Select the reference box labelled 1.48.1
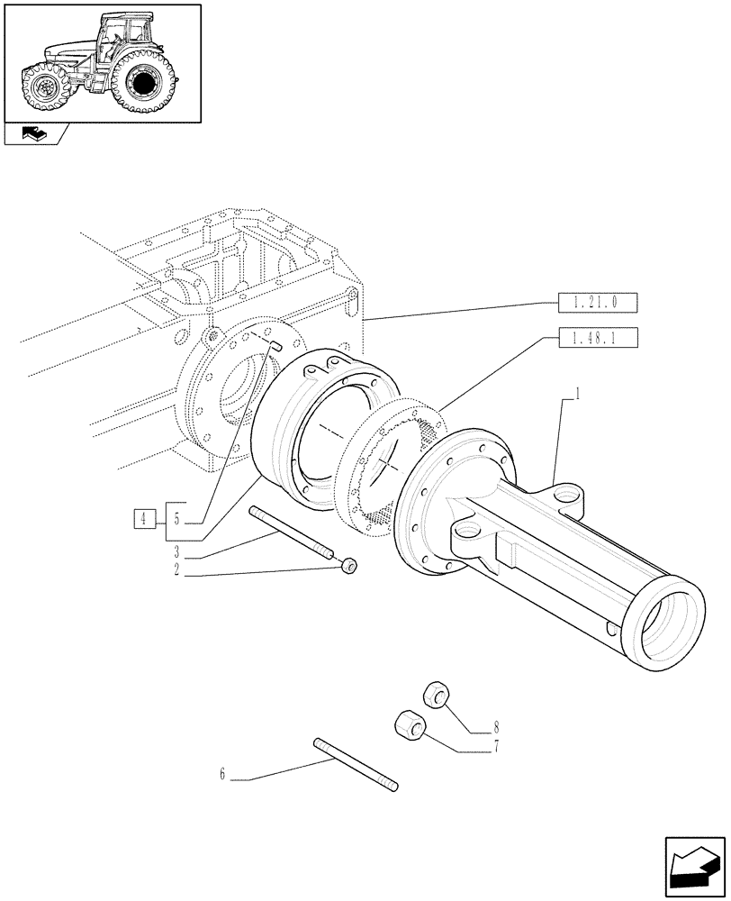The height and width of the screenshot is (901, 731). pyautogui.click(x=598, y=338)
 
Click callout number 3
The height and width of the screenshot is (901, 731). pyautogui.click(x=177, y=551)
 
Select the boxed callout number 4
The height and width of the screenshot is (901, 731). pyautogui.click(x=142, y=518)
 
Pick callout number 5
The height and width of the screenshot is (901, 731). pyautogui.click(x=176, y=518)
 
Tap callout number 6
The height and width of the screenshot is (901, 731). pyautogui.click(x=221, y=773)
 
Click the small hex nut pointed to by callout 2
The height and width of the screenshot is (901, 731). pyautogui.click(x=349, y=564)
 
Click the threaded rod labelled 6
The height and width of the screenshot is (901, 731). pyautogui.click(x=355, y=767)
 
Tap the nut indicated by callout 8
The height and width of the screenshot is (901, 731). pyautogui.click(x=437, y=696)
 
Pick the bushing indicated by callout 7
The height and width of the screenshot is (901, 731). pyautogui.click(x=408, y=724)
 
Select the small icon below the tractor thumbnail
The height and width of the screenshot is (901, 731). pyautogui.click(x=32, y=134)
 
